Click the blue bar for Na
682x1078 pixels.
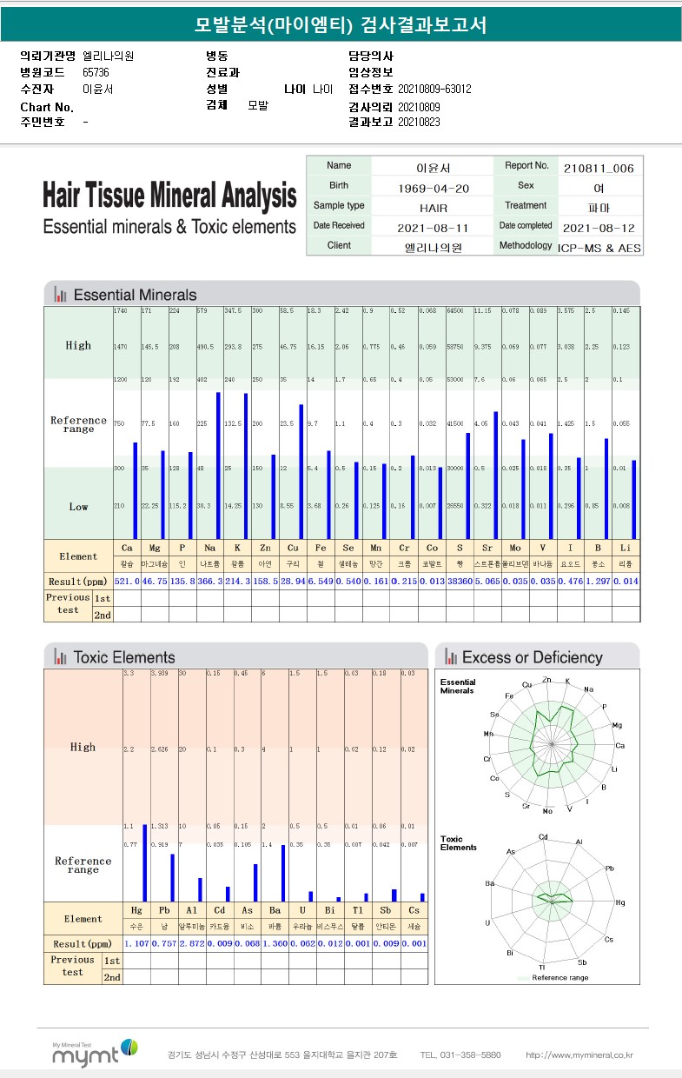(218, 465)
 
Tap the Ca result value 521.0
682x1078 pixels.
(127, 580)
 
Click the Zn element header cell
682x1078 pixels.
(266, 549)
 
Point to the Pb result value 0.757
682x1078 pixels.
(163, 943)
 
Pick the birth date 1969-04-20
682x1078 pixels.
(433, 187)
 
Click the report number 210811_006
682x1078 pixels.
(599, 168)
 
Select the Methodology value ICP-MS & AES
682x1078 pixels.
(599, 247)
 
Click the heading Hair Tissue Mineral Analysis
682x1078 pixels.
(169, 195)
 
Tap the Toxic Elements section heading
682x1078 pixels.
(124, 657)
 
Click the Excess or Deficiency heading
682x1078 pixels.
(532, 657)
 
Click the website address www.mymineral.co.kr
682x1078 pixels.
(579, 1055)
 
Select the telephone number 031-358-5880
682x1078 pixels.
(460, 1055)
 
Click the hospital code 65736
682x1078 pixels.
(96, 72)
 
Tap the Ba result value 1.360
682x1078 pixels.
(275, 943)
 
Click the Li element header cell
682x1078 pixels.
(626, 549)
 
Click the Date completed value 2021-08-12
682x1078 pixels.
(599, 228)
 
